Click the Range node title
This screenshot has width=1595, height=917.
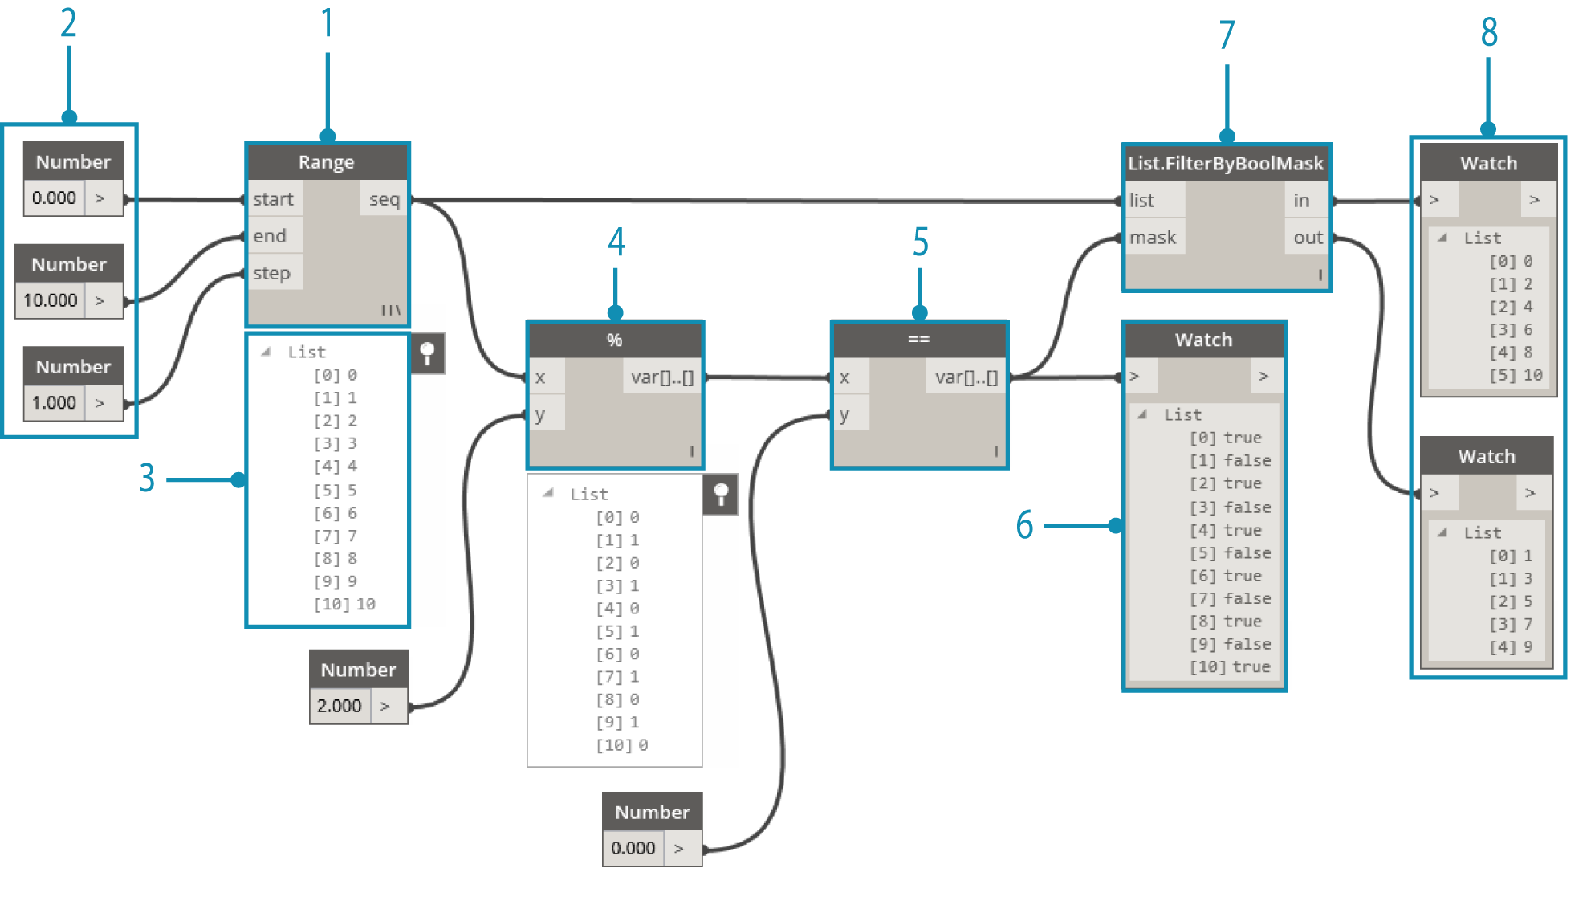coord(326,162)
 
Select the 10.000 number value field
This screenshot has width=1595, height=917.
coord(51,300)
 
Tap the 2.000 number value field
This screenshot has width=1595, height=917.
coord(340,706)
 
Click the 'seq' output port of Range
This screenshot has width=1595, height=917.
coord(385,199)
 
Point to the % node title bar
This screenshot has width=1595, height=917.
coord(615,340)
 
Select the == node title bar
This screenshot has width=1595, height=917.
coord(919,340)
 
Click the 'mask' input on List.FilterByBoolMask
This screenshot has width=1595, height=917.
coord(1154,238)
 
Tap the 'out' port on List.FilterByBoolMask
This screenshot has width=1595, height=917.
coord(1308,238)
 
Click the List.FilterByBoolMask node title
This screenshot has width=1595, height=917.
coord(1226,164)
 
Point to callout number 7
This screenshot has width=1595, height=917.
coord(1227,35)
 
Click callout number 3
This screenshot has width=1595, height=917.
coord(147,478)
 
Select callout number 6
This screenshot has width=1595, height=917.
coord(1025,525)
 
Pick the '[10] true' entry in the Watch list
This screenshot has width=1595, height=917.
coord(1230,666)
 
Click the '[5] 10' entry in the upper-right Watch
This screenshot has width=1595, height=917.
coord(1516,375)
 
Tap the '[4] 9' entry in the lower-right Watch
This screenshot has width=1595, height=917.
coord(1511,646)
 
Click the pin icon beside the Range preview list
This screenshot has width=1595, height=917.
coord(428,353)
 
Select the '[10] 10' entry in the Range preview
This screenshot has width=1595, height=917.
coord(344,604)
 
